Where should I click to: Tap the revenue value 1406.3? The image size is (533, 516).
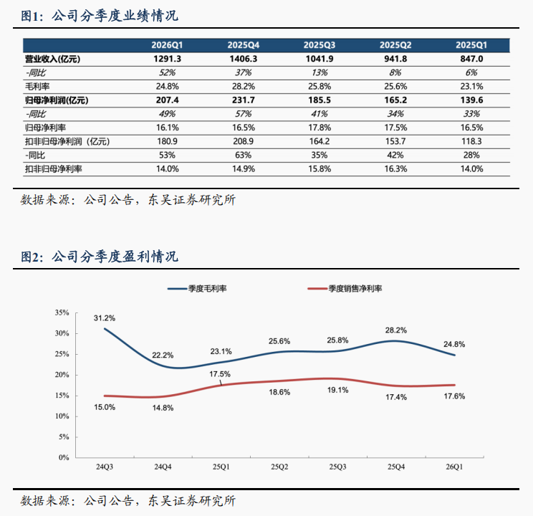[x=244, y=59]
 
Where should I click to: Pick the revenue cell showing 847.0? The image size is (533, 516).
[x=470, y=59]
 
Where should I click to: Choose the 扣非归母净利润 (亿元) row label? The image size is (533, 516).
[x=64, y=141]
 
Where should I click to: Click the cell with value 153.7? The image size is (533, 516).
[x=395, y=141]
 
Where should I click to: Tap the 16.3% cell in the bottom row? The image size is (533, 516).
[x=395, y=168]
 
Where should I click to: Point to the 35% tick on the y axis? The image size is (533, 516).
[x=62, y=312]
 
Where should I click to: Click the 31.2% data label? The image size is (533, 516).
[x=105, y=317]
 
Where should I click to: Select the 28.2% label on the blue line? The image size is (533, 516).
[x=396, y=330]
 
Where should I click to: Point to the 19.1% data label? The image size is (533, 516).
[x=338, y=391]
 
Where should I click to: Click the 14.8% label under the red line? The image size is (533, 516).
[x=164, y=408]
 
